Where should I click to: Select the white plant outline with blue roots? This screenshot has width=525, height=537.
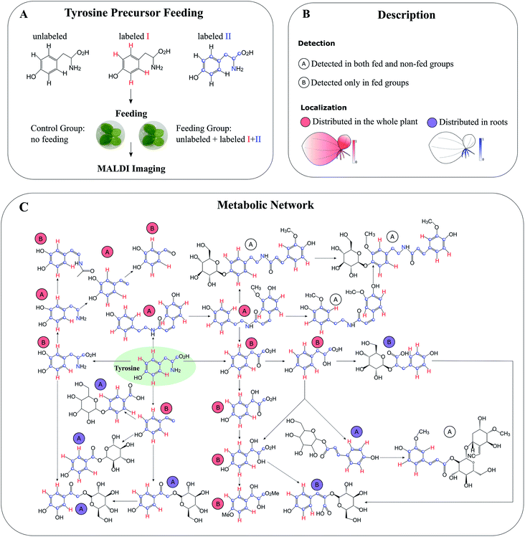tap(451, 151)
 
